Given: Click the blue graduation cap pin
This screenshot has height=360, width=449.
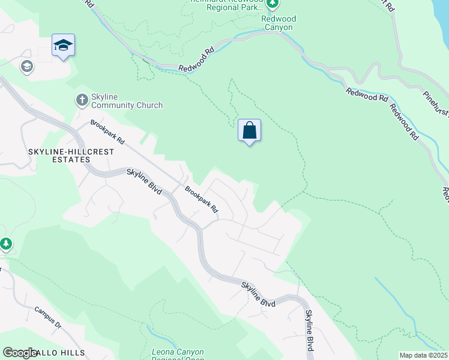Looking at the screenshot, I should tap(63, 45).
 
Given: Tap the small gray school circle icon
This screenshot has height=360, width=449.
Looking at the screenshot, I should tap(26, 66).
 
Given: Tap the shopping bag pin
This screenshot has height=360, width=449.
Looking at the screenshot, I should tap(250, 130).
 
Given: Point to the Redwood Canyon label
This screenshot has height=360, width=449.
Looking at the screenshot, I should tap(277, 23).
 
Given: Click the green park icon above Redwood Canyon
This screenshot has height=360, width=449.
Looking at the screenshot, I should tap(273, 5).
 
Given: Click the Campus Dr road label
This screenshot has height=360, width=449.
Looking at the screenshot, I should tap(48, 318).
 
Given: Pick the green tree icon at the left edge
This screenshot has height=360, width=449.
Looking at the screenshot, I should tap(6, 244).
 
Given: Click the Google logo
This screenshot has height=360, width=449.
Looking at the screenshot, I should tap(20, 353).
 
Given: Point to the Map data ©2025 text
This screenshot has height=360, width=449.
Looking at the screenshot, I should tap(423, 355).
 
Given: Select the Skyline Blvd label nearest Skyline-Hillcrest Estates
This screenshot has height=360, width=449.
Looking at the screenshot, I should tap(145, 181).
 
